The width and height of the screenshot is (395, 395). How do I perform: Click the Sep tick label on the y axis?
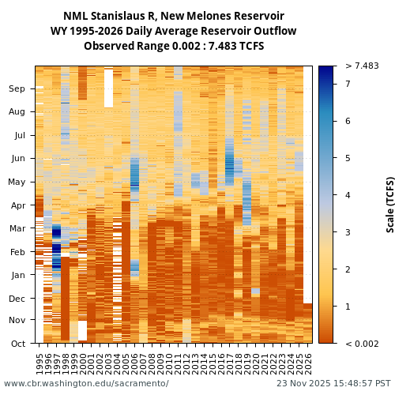[x=17, y=89]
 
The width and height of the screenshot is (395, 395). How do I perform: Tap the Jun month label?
[x=17, y=159]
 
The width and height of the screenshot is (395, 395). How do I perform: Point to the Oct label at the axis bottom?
[x=17, y=344]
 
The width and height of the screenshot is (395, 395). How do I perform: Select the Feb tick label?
[x=17, y=252]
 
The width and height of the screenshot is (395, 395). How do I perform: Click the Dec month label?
[x=17, y=299]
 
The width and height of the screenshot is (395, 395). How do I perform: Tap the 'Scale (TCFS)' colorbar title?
[x=389, y=205]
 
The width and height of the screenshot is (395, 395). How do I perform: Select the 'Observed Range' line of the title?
[x=173, y=47]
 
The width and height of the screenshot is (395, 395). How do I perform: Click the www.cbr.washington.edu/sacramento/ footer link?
[x=86, y=384]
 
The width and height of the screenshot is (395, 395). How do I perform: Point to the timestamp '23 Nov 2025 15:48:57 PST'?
[x=333, y=384]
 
